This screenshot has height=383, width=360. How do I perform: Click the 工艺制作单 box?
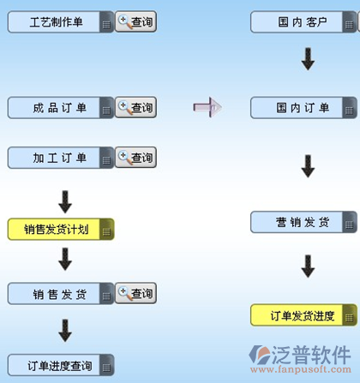pyautogui.click(x=61, y=22)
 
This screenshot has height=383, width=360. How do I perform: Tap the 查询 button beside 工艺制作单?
pyautogui.click(x=135, y=21)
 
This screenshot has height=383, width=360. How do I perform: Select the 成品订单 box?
pyautogui.click(x=61, y=108)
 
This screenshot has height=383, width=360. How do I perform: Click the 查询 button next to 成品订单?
pyautogui.click(x=135, y=107)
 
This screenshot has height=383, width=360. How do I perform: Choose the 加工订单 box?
pyautogui.click(x=61, y=158)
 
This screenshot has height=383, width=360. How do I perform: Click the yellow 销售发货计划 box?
pyautogui.click(x=61, y=229)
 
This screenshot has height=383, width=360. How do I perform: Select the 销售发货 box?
pyautogui.click(x=61, y=294)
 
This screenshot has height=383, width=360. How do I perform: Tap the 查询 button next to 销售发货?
pyautogui.click(x=135, y=293)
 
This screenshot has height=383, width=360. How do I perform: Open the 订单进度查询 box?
pyautogui.click(x=61, y=365)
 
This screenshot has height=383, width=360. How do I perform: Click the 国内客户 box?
pyautogui.click(x=303, y=22)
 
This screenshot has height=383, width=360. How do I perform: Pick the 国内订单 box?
pyautogui.click(x=303, y=108)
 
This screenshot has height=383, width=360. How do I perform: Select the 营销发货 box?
pyautogui.click(x=303, y=222)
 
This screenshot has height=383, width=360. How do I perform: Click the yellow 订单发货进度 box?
pyautogui.click(x=303, y=315)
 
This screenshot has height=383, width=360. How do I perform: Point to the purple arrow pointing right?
pyautogui.click(x=207, y=107)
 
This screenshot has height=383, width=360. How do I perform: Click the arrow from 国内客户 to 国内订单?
pyautogui.click(x=308, y=59)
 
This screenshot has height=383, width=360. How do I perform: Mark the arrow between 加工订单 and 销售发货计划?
pyautogui.click(x=65, y=202)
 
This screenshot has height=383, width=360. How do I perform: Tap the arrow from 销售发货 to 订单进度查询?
pyautogui.click(x=65, y=331)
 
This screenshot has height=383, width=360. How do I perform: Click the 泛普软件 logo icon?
pyautogui.click(x=259, y=355)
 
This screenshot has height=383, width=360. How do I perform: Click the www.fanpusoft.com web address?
pyautogui.click(x=301, y=369)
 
